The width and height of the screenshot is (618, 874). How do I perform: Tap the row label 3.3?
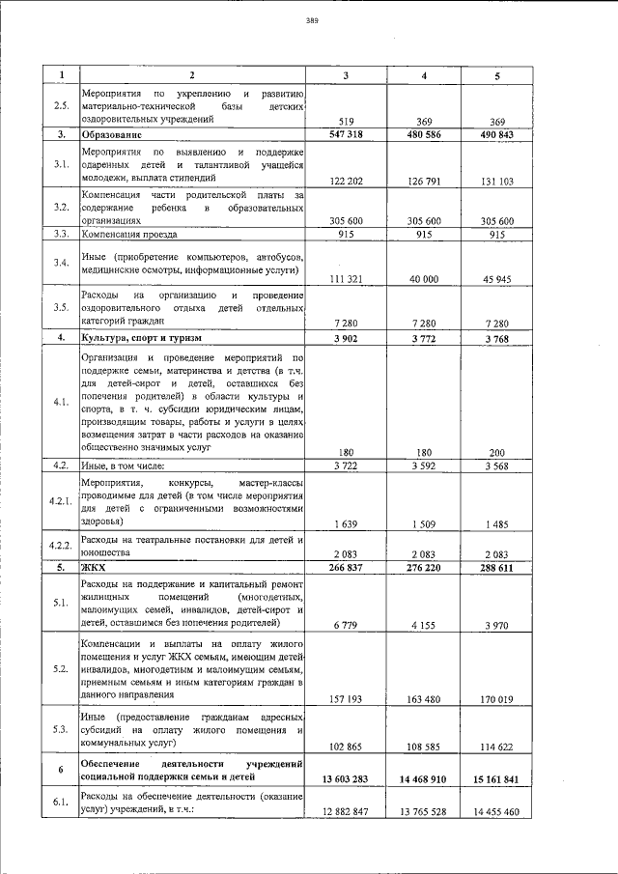click(x=60, y=234)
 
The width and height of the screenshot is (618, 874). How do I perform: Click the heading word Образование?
click(x=111, y=134)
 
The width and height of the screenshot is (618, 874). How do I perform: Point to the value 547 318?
click(x=345, y=134)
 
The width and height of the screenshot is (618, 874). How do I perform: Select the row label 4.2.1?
click(x=60, y=501)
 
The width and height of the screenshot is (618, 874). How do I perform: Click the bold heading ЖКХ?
click(x=94, y=568)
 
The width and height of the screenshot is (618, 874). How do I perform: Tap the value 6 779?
click(x=345, y=626)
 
